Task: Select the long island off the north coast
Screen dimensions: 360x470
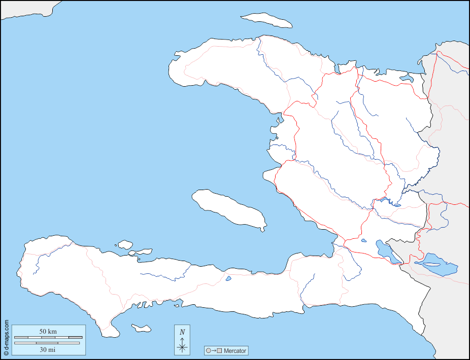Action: coord(266,20)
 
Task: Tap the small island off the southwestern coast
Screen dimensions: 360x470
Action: coord(141,328)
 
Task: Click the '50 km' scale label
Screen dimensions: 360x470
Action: coord(48,331)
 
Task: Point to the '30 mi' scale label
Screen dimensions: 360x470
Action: coord(48,349)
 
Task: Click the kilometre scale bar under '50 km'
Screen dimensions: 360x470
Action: coord(48,337)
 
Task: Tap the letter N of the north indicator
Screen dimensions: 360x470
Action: coord(182,332)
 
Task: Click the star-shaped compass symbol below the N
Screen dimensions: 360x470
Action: coord(182,347)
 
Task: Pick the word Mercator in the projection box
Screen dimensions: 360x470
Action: coord(235,350)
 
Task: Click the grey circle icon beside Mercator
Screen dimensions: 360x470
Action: coord(208,350)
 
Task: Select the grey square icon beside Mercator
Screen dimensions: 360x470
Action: coord(219,350)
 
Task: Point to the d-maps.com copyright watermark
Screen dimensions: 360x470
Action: coord(6,337)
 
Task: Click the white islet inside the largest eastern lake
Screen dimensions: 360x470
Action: coord(432,264)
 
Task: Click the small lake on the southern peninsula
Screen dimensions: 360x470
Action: coord(228,278)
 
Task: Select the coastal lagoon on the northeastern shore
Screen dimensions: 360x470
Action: coord(407,78)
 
